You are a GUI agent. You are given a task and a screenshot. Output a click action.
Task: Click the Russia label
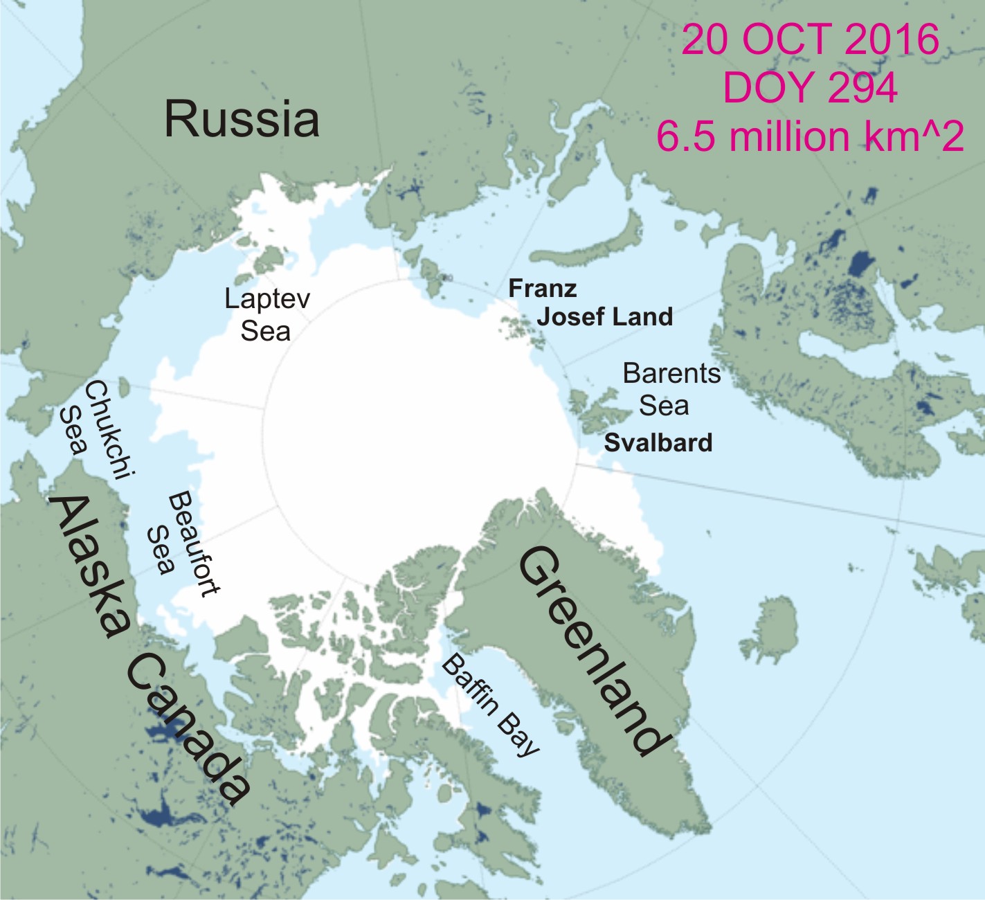click(x=242, y=118)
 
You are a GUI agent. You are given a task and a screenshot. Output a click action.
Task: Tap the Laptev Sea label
click(x=267, y=315)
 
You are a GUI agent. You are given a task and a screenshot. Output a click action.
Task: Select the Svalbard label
click(x=658, y=443)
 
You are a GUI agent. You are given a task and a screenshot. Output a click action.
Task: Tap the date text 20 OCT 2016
click(x=810, y=39)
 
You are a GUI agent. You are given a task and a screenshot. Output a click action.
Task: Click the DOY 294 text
click(x=810, y=88)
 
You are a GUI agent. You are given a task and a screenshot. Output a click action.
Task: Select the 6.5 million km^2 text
click(x=810, y=136)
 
